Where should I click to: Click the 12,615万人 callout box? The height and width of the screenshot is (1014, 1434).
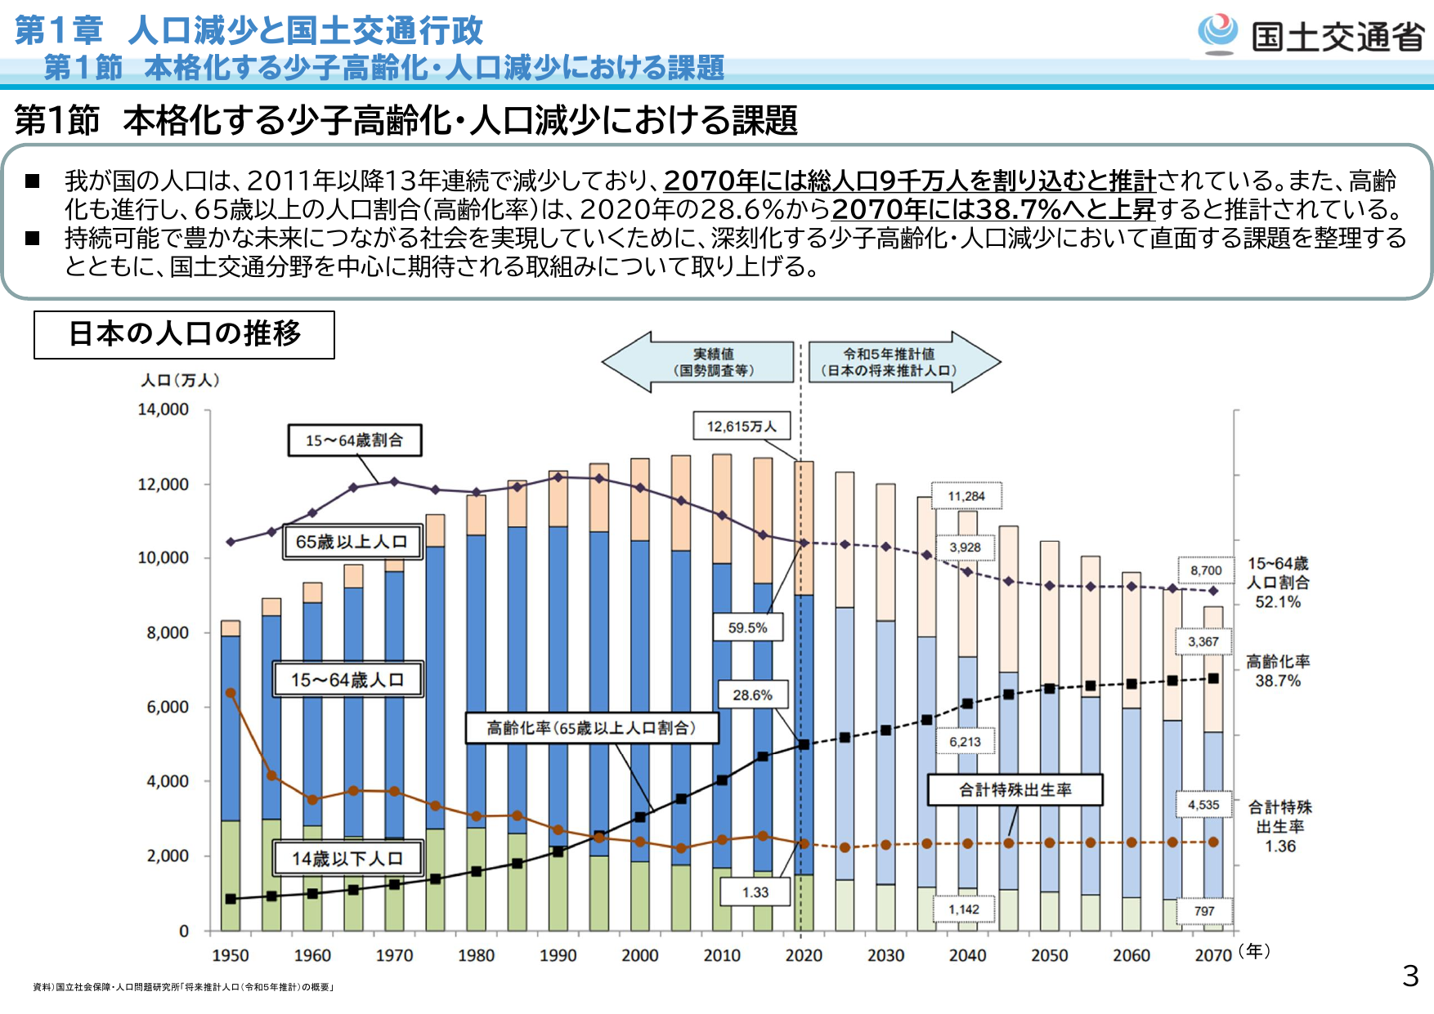742,426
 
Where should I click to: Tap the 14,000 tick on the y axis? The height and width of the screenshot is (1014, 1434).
163,409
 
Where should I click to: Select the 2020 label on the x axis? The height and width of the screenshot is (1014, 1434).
803,955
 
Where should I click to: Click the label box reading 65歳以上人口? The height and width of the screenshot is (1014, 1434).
352,542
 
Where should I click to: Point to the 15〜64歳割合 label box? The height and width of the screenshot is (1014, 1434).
355,440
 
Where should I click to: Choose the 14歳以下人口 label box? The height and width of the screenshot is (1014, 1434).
347,858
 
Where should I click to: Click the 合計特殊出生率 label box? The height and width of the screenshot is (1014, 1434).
1015,789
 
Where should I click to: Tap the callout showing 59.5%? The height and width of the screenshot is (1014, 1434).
747,628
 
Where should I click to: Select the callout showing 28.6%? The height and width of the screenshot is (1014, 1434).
752,695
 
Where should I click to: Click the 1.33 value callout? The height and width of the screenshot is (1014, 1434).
755,891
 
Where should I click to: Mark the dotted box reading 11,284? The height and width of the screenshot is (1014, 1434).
966,496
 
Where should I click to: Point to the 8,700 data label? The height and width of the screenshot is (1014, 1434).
1206,570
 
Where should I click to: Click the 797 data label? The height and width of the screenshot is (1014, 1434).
1204,911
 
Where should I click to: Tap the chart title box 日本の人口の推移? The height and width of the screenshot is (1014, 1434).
184,334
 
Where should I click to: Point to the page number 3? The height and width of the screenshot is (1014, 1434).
1410,976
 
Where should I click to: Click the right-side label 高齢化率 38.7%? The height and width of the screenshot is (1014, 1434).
1278,671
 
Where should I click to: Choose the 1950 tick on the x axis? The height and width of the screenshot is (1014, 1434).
230,955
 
